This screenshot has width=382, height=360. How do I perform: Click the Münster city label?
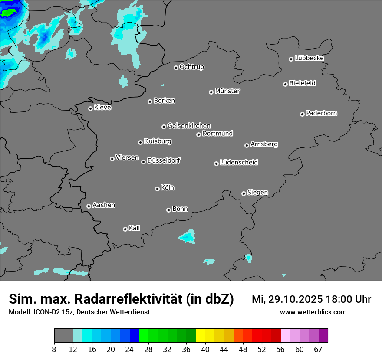(x=227, y=91)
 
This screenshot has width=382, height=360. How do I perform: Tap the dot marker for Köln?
(x=157, y=189)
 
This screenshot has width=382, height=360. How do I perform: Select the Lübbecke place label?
(x=309, y=58)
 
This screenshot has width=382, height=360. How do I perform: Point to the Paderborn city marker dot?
(x=303, y=114)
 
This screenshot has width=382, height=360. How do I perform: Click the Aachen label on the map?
(x=104, y=205)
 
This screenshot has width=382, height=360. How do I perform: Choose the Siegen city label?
(x=257, y=193)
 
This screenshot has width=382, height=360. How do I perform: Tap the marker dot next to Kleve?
(x=90, y=108)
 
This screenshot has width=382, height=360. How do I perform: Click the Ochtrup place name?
(x=192, y=67)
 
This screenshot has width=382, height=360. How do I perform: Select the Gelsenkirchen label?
(x=189, y=126)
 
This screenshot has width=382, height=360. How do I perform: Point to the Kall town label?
(x=135, y=228)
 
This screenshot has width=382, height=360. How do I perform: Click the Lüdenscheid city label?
(x=239, y=163)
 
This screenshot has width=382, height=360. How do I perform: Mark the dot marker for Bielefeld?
(x=286, y=84)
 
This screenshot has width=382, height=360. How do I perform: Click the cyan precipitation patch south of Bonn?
(x=188, y=237)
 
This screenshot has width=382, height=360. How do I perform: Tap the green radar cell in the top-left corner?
(x=8, y=13)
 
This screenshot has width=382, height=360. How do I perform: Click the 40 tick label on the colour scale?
(x=205, y=350)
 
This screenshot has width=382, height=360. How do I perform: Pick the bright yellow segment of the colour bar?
(x=200, y=336)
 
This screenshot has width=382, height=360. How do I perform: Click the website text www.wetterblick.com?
(x=313, y=312)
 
